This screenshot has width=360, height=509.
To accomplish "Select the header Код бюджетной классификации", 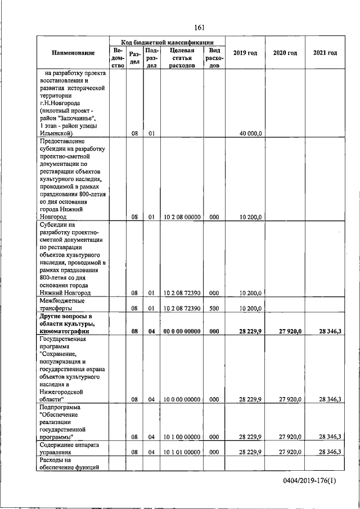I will coord(168,42).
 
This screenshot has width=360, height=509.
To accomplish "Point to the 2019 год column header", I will coord(245,53).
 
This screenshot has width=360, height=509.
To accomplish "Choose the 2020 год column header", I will coord(285,53).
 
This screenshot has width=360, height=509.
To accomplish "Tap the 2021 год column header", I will coord(325,53).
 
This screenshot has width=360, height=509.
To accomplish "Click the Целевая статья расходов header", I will coord(181,57).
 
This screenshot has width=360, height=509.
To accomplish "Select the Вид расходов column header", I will coord(214,57).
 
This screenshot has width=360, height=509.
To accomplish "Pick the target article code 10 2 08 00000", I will coord(181,216).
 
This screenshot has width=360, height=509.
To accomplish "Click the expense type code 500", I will coord(214,308).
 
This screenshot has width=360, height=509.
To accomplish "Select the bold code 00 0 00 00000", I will coord(181,331).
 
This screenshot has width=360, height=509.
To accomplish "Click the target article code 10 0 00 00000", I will coord(181,399).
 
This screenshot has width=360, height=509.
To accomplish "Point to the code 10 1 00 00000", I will coord(181,436).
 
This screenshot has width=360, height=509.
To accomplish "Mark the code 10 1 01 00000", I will coord(181,452).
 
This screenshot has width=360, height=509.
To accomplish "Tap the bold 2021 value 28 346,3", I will coord(329,331).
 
